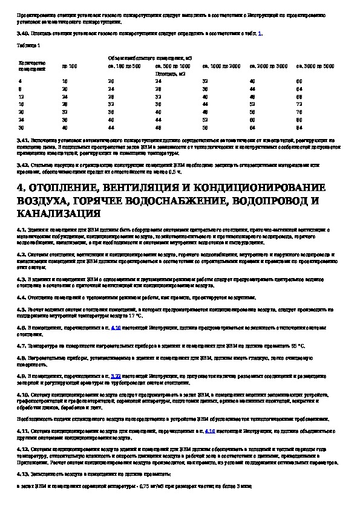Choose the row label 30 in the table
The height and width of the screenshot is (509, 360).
(21, 128)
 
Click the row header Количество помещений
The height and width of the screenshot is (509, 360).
(28, 64)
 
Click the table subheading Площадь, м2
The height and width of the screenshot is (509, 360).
(172, 72)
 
